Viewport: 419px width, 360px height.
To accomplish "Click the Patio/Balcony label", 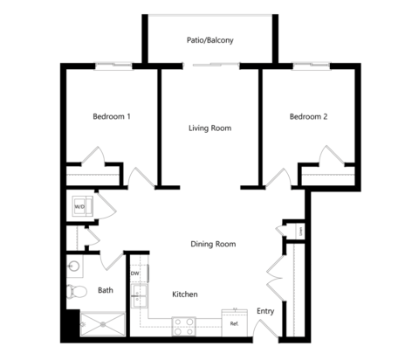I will click(x=209, y=40).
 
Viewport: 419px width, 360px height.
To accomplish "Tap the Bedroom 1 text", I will click(x=112, y=116).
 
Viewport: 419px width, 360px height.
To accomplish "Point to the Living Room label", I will click(x=209, y=128).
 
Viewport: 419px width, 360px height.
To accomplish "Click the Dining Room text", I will click(x=213, y=244).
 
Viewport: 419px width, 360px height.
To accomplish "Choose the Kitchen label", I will click(x=184, y=294).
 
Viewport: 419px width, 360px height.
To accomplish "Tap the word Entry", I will click(x=264, y=311).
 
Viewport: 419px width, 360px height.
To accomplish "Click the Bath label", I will click(x=106, y=290).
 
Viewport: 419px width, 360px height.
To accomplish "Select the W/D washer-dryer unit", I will click(x=79, y=206).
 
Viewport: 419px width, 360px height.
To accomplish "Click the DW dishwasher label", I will click(x=135, y=273).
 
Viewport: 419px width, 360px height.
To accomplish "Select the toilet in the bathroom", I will click(x=77, y=290).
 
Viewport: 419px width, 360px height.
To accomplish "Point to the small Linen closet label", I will click(x=299, y=231).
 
